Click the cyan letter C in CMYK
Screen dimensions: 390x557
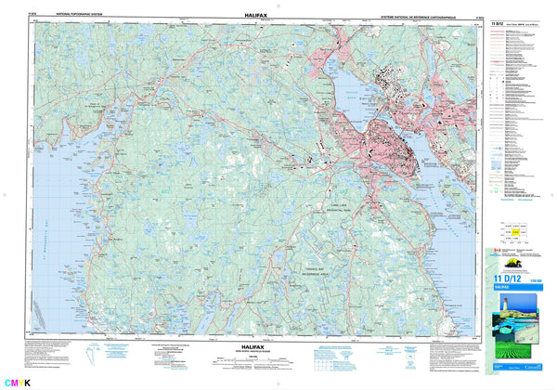tap(8, 383)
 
